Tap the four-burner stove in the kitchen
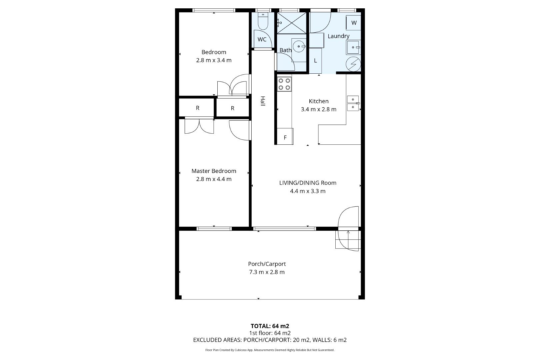click(284, 84)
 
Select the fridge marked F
click(285, 136)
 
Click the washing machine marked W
click(353, 23)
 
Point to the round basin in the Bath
click(299, 46)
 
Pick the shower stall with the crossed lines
click(291, 23)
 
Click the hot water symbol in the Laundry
click(353, 64)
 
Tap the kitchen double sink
click(353, 103)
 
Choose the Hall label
click(263, 101)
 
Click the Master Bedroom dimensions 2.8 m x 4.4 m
click(214, 179)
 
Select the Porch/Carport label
click(267, 264)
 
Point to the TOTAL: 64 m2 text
click(270, 326)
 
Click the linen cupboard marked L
click(315, 61)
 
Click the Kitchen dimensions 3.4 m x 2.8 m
click(318, 109)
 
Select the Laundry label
click(338, 36)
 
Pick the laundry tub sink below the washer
click(353, 47)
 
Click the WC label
click(262, 39)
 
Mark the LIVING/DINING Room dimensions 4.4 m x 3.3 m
click(308, 191)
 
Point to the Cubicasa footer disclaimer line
click(270, 350)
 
